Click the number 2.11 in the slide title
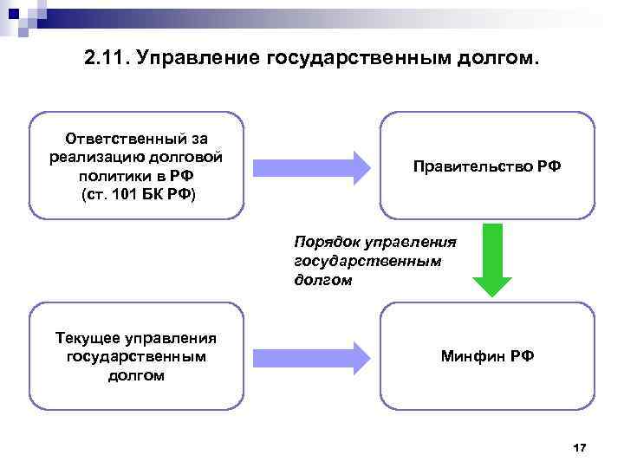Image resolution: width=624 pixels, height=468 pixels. pyautogui.click(x=105, y=59)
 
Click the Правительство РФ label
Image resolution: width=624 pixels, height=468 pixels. pyautogui.click(x=487, y=166)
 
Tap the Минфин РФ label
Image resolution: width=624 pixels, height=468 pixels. pyautogui.click(x=487, y=356)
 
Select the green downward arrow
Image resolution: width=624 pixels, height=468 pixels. pyautogui.click(x=491, y=260)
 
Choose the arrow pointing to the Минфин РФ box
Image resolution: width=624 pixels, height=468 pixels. pyautogui.click(x=311, y=356)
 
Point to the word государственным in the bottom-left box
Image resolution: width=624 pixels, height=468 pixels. pyautogui.click(x=137, y=356)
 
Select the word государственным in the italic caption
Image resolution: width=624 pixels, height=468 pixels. pyautogui.click(x=368, y=261)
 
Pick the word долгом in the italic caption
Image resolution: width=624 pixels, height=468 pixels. pyautogui.click(x=323, y=280)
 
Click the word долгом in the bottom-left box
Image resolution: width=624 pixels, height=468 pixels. pyautogui.click(x=137, y=374)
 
